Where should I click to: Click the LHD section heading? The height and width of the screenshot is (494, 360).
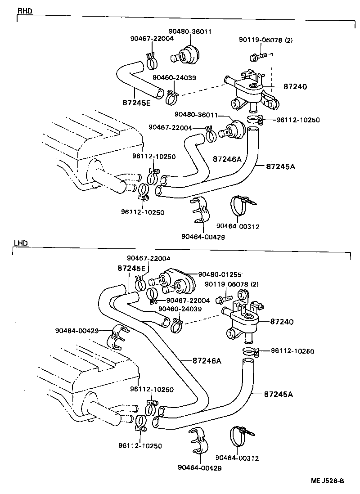coord(21,243)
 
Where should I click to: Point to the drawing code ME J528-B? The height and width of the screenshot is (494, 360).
coord(327,481)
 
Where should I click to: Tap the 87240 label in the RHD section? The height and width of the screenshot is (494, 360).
coord(295,86)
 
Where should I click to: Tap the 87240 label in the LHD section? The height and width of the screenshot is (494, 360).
coord(282,322)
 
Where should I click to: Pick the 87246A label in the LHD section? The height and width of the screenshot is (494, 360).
coord(207,361)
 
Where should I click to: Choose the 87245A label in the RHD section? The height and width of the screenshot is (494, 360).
coord(280,166)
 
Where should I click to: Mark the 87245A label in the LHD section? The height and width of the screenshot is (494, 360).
coord(278,394)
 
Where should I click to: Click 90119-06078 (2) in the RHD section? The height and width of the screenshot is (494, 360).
coord(265,40)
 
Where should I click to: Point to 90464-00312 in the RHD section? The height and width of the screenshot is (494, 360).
coord(238,226)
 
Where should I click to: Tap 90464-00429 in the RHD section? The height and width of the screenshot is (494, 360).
coord(203,237)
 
